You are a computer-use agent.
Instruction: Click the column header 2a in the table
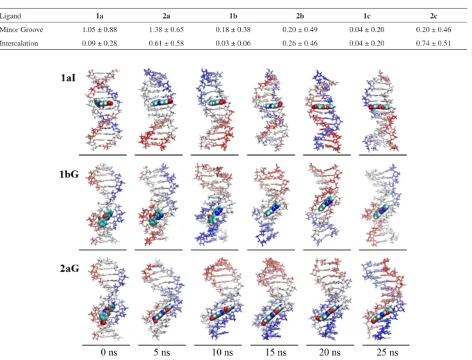pos(166,16)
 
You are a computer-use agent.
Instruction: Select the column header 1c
pos(366,16)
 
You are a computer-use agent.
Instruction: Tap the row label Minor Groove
pos(21,29)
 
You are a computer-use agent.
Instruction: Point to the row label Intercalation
pos(19,44)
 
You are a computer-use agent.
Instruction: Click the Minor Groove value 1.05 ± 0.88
pos(99,29)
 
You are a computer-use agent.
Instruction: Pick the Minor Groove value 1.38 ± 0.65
pos(166,29)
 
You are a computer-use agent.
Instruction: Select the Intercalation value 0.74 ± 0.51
pos(434,44)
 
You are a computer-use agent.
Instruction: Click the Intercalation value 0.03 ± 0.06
pos(233,44)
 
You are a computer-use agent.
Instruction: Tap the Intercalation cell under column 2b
pos(300,44)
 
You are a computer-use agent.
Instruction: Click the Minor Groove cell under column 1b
pos(233,29)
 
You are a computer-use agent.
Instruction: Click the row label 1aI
pos(68,78)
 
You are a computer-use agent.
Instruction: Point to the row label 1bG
pos(69,174)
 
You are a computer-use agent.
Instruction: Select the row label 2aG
pos(70,268)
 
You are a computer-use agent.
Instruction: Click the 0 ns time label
pos(109,352)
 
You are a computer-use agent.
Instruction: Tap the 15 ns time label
pos(275,352)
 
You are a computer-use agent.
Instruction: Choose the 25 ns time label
pos(387,352)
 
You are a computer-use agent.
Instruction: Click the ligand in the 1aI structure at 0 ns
pos(104,103)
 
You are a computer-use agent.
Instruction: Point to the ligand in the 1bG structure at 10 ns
pos(216,215)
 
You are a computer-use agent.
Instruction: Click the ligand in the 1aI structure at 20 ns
pos(322,106)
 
